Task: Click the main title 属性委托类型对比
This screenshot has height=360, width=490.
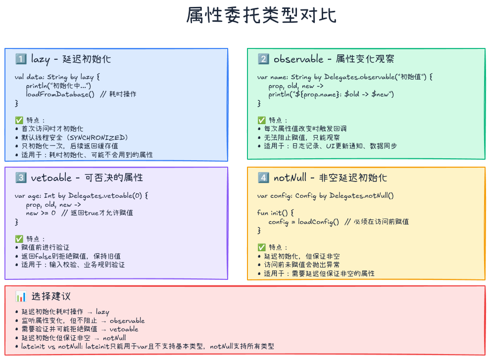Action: pyautogui.click(x=261, y=16)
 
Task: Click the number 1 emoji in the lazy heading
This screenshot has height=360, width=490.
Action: pyautogui.click(x=21, y=59)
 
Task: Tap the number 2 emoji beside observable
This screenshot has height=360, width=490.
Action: pyautogui.click(x=263, y=59)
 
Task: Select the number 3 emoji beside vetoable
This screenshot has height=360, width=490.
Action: pyautogui.click(x=21, y=178)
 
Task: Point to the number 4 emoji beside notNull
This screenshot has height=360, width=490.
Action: pyautogui.click(x=263, y=178)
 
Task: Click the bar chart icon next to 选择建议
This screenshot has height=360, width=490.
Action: pyautogui.click(x=21, y=297)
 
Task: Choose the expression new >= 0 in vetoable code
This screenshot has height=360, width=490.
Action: pyautogui.click(x=41, y=213)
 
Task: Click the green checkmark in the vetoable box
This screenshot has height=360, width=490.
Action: pyautogui.click(x=19, y=238)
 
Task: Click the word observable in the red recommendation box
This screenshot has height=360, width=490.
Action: pyautogui.click(x=127, y=320)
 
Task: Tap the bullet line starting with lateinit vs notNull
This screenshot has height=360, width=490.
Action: pyautogui.click(x=147, y=347)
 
